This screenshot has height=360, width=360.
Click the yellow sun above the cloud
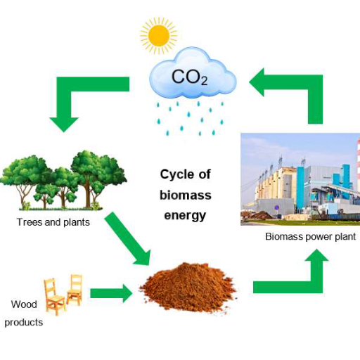pos(159,36)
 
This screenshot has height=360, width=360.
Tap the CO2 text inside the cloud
pos(190,77)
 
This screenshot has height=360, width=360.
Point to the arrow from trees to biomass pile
pos(127,238)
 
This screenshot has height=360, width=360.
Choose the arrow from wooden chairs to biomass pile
pos(111,293)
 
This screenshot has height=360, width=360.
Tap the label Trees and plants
pos(53,222)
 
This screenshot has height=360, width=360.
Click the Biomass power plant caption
pos(311,237)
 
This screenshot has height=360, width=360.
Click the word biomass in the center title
pos(186,195)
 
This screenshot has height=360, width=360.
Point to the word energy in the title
pos(185,216)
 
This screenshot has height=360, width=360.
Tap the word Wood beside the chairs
pos(24,304)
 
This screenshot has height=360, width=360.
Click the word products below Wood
pos(24,323)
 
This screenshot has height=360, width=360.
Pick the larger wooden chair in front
pos(54,297)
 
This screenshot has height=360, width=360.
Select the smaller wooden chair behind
pos(75,290)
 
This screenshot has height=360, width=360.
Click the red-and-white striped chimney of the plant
pos(359,160)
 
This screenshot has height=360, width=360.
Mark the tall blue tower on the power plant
pos(301,188)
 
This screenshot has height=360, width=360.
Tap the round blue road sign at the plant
pos(276,207)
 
